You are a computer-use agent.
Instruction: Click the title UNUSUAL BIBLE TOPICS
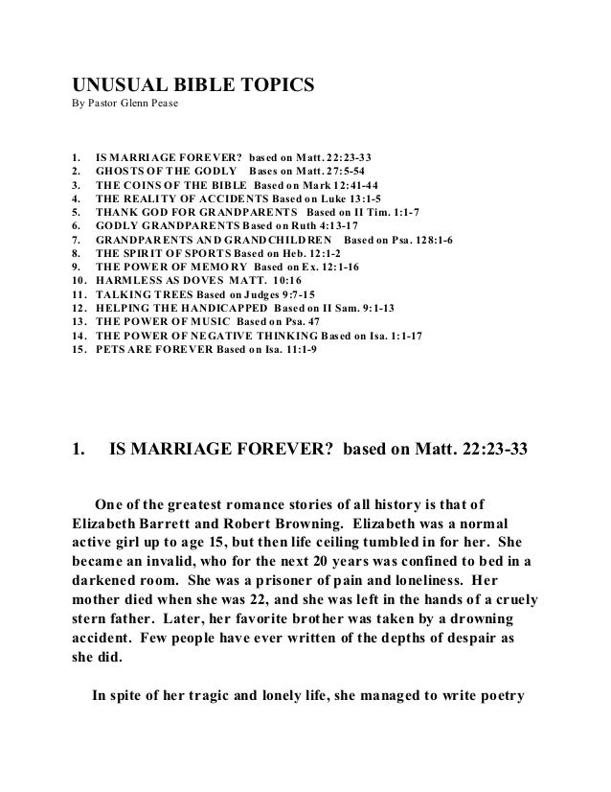click(x=193, y=85)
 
